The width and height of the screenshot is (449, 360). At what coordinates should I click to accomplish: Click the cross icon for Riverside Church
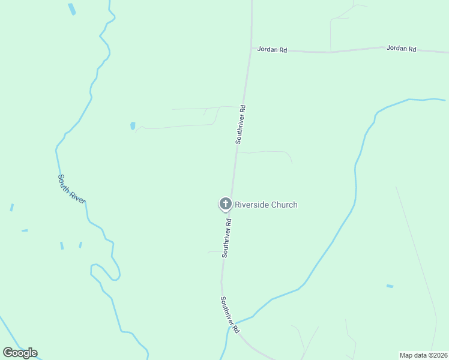[225, 204]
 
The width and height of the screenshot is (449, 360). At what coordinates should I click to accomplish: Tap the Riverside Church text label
[266, 205]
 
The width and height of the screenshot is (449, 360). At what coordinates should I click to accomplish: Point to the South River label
[72, 188]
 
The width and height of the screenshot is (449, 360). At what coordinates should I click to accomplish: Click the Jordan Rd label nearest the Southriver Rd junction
[272, 50]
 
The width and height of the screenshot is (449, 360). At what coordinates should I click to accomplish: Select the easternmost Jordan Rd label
[402, 48]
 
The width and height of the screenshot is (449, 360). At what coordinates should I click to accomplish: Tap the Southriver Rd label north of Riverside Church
[241, 124]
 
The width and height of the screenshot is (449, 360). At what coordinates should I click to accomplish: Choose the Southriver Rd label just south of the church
[226, 238]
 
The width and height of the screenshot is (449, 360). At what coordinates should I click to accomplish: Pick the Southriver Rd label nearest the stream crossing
[229, 315]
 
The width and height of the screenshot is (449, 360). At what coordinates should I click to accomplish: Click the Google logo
[20, 353]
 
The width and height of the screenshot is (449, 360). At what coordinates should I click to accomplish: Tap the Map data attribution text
[424, 355]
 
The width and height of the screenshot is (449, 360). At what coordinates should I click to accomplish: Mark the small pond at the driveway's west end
[133, 126]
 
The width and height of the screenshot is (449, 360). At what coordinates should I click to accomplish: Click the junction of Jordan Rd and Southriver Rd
[251, 50]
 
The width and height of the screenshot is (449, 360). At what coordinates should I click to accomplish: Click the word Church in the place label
[284, 205]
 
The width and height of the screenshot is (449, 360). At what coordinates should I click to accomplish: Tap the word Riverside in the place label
[252, 205]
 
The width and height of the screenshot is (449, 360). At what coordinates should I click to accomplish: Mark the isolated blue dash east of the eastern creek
[390, 286]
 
